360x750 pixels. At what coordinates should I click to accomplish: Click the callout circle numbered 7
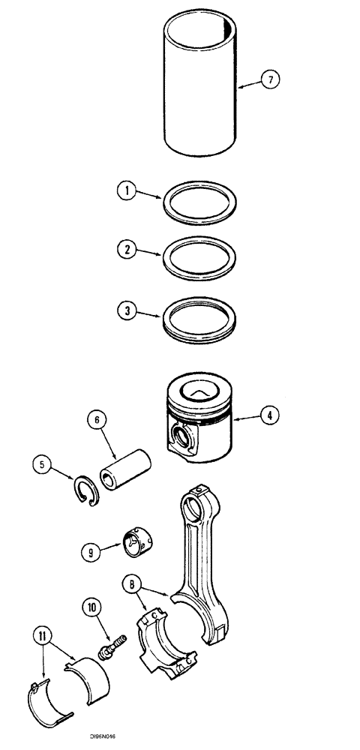[x=272, y=78]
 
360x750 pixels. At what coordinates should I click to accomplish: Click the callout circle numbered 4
[x=271, y=412]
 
